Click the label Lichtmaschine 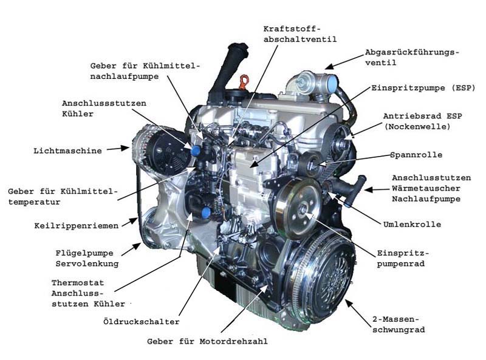tap(67, 151)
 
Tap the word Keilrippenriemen tap(77, 226)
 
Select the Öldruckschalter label tap(142, 322)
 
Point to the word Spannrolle tap(416, 155)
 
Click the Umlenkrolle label tap(412, 224)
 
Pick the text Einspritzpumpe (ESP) tap(423, 88)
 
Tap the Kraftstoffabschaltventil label tap(299, 34)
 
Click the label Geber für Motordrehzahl tap(207, 341)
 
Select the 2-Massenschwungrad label tap(399, 324)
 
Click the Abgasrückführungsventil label tap(412, 57)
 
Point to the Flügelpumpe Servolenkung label tap(87, 259)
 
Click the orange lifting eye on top tap(244, 82)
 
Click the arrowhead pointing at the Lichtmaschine tap(125, 148)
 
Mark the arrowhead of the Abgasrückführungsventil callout tap(329, 66)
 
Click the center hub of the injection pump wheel tap(303, 211)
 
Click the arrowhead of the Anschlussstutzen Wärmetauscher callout tap(368, 189)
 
